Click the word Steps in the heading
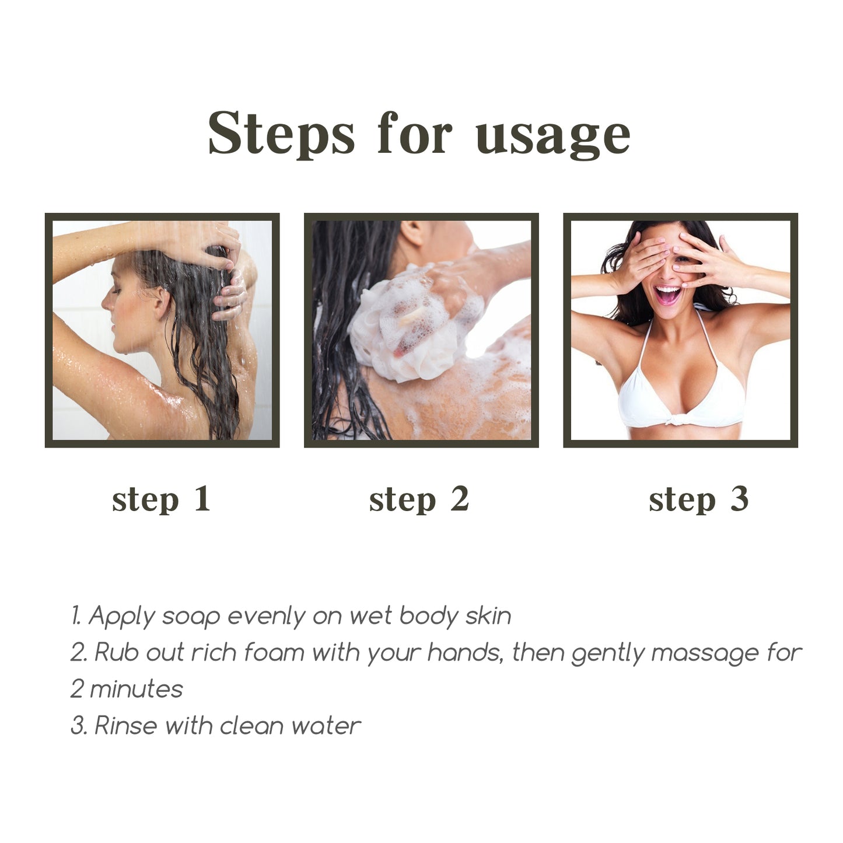[x=281, y=133]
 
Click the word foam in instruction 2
[x=274, y=652]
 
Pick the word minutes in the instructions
[x=137, y=690]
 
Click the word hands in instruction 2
[x=464, y=652]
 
